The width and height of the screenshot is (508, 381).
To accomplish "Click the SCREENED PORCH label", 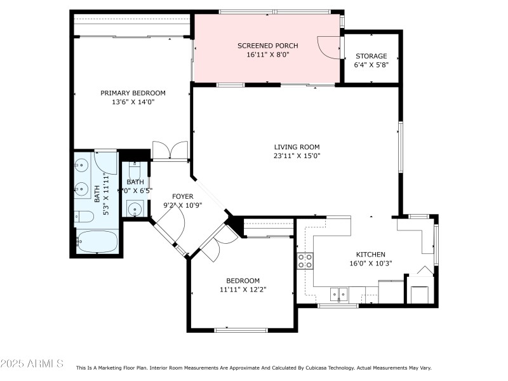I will pyautogui.click(x=267, y=46).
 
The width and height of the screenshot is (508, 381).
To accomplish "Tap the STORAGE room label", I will pyautogui.click(x=371, y=56).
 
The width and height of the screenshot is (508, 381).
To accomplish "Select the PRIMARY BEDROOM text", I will pyautogui.click(x=133, y=93).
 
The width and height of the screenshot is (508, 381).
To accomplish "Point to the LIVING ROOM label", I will pyautogui.click(x=297, y=147).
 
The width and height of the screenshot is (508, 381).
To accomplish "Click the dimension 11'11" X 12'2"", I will pyautogui.click(x=243, y=290).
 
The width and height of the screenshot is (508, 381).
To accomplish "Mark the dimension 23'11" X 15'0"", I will pyautogui.click(x=297, y=156).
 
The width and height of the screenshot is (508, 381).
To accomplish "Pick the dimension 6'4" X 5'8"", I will pyautogui.click(x=371, y=65).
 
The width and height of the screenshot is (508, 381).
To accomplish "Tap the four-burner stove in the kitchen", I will pyautogui.click(x=305, y=260).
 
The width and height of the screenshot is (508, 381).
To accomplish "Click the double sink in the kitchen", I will pyautogui.click(x=338, y=293).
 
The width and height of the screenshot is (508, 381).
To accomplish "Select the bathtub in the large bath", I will pyautogui.click(x=97, y=241).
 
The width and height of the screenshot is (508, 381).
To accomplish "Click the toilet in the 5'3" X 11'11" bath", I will pyautogui.click(x=84, y=217).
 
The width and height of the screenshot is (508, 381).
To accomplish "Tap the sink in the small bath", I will pyautogui.click(x=134, y=208).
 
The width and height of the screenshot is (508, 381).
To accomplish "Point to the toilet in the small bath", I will pyautogui.click(x=134, y=171).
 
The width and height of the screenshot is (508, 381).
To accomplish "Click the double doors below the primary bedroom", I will pyautogui.click(x=170, y=150).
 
